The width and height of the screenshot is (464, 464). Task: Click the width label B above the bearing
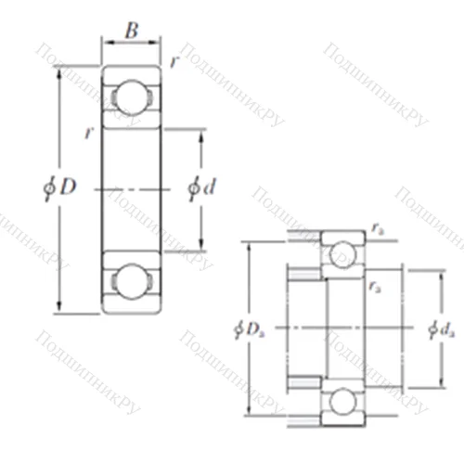coord(131,32)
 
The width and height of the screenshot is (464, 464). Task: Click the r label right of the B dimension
coord(174,61)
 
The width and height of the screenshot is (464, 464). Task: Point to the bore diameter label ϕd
coord(201,187)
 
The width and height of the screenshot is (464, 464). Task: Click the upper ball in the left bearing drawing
coord(131,97)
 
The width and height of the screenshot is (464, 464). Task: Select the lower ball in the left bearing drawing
coord(131,280)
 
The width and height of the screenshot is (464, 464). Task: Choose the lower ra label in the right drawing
coord(374,289)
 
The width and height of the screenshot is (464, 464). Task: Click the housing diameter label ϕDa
coord(251,329)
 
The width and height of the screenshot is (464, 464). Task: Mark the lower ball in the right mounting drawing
coord(343,401)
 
